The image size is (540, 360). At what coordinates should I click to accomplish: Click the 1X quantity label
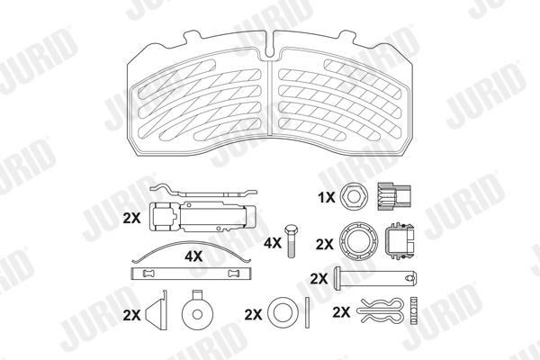326,197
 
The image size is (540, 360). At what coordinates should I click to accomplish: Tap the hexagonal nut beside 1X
354,197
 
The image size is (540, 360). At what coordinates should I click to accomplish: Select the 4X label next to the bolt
273,243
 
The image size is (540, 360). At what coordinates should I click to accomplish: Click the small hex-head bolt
291,241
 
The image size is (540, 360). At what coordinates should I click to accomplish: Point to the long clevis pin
376,279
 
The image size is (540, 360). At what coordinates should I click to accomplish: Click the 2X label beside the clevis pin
319,279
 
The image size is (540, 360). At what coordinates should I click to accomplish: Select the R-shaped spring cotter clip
380,310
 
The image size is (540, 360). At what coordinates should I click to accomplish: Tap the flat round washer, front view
283,312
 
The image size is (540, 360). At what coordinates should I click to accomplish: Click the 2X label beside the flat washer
253,314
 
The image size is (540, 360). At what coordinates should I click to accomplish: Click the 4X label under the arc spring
193,256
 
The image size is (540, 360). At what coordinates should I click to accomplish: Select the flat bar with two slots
192,274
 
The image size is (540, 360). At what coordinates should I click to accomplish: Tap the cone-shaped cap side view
157,310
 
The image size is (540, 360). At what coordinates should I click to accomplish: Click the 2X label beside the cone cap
131,315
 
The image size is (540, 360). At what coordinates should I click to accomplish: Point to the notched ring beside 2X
358,241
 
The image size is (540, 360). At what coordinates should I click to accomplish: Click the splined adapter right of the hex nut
394,197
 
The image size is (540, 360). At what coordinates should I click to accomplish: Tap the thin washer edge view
308,312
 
